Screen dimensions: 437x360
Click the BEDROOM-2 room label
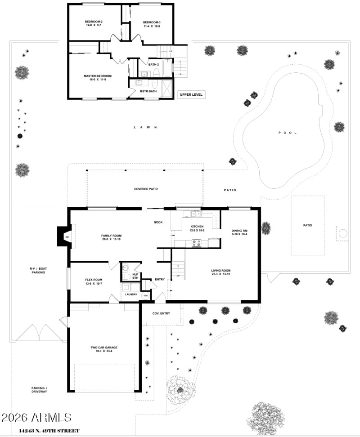(94, 22)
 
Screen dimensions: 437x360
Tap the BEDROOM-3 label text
(152, 22)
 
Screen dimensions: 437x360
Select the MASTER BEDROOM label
(97, 76)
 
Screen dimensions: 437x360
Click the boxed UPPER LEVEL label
(192, 94)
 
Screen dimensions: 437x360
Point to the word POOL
(284, 133)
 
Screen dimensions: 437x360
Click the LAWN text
(145, 127)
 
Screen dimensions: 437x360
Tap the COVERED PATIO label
(146, 189)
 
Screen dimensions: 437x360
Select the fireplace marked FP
(67, 236)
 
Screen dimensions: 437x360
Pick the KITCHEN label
(197, 226)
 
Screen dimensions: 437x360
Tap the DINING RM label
(239, 230)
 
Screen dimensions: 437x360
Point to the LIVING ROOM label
(221, 271)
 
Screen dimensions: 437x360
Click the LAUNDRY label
(131, 294)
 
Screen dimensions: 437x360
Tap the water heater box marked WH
(145, 296)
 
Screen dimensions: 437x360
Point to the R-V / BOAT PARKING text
(38, 270)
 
